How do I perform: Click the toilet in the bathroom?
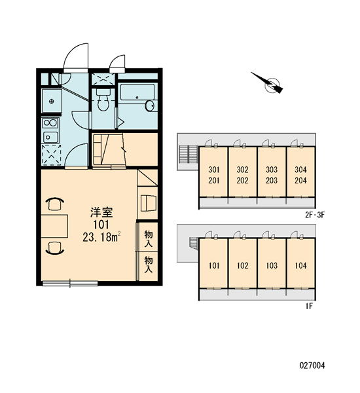coord(103,99)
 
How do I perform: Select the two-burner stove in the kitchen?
coord(50,123)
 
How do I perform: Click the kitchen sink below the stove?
coord(50,137)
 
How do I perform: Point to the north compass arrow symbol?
coord(268,83)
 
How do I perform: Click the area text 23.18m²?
coord(101,237)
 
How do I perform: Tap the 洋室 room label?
coord(101,212)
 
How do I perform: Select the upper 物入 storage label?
coord(148,238)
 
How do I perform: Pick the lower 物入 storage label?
coord(148,265)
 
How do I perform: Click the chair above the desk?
coord(54,204)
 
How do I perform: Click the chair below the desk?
coord(54,248)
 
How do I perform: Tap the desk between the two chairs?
coord(54,226)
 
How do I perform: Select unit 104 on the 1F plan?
coord(300,263)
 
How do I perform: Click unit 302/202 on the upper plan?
coord(242,172)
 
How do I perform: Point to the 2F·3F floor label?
coord(315,215)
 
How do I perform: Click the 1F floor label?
coord(309,306)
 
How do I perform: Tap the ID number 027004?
coord(312,365)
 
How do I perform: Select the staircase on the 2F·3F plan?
coord(189,154)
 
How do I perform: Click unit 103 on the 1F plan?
coord(272,263)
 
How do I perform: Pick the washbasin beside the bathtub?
coord(150,105)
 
